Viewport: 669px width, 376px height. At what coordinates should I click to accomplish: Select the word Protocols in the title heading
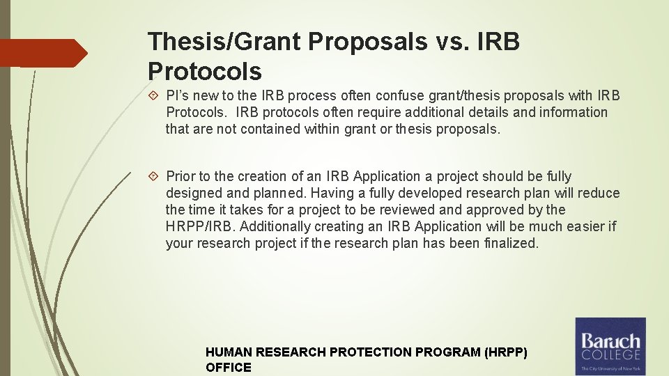click(205, 71)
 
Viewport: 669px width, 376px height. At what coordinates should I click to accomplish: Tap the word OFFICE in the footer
click(228, 368)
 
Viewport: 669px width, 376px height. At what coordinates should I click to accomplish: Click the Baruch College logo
click(610, 346)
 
